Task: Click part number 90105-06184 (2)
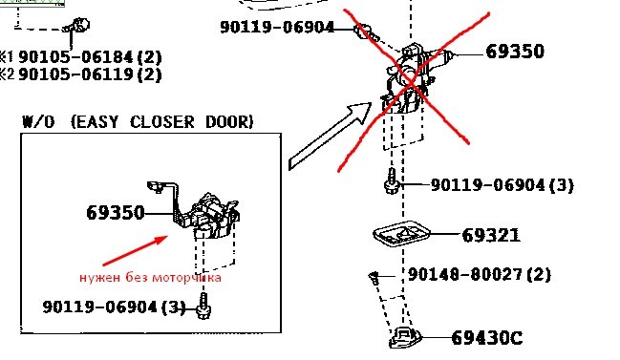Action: [90, 57]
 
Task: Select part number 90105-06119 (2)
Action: [90, 74]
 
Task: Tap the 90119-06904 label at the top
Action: [277, 27]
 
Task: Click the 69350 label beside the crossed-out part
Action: [515, 52]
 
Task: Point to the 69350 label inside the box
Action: [116, 213]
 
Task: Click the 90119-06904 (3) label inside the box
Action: [115, 307]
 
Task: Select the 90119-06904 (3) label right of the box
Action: [502, 185]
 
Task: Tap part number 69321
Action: [491, 235]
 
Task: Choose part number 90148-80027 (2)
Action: [480, 274]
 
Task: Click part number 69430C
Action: [487, 338]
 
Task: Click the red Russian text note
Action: [150, 278]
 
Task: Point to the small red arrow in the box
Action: [136, 250]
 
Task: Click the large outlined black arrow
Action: [330, 136]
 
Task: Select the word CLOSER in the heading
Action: [162, 122]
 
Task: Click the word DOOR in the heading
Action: [229, 122]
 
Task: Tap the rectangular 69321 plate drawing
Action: [401, 234]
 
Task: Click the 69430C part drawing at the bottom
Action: [405, 338]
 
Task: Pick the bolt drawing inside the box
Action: [203, 306]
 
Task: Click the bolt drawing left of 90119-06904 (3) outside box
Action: [391, 181]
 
